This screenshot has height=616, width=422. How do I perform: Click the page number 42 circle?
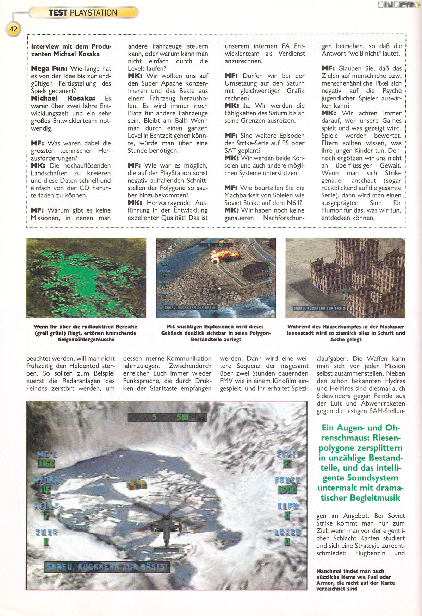(x=13, y=29)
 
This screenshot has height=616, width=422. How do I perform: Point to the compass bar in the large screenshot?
(x=167, y=417)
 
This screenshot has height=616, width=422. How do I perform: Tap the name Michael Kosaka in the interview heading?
(x=76, y=54)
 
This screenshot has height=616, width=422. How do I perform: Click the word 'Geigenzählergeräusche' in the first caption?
(x=86, y=339)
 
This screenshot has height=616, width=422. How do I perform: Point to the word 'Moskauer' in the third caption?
(x=390, y=327)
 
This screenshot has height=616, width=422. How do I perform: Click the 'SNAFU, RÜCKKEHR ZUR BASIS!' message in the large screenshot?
(x=107, y=567)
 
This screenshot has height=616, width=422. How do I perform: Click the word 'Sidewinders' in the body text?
(x=335, y=396)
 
